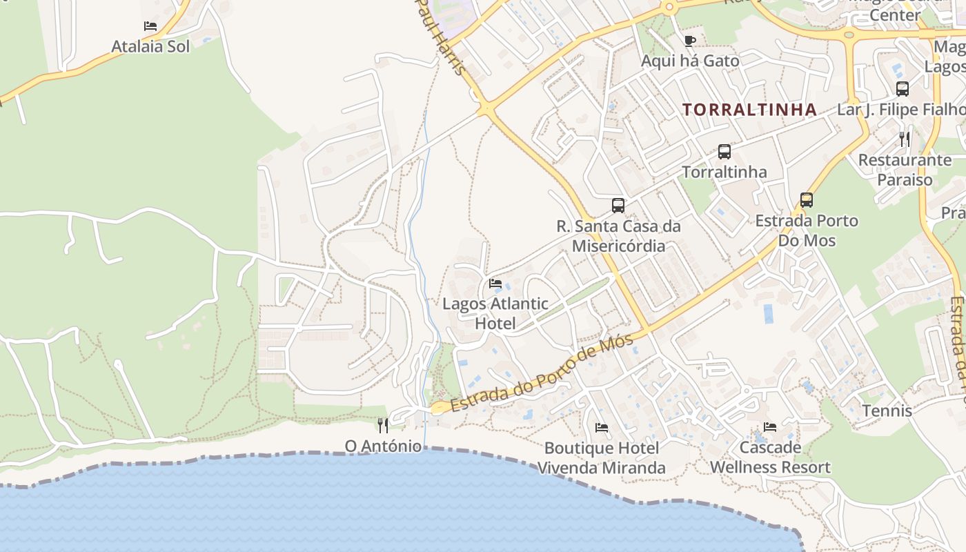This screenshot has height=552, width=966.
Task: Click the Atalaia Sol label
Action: (x=150, y=47)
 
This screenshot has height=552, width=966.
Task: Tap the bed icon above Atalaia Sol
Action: (x=150, y=26)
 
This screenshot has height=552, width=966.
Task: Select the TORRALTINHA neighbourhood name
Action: (x=750, y=109)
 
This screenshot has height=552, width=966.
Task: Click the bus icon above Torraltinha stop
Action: (x=724, y=152)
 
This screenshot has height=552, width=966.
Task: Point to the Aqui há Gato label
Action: (x=690, y=61)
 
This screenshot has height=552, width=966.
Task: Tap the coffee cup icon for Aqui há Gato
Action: (x=689, y=41)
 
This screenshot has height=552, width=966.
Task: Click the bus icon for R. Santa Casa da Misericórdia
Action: (x=618, y=205)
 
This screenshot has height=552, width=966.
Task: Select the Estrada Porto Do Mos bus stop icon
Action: (x=807, y=200)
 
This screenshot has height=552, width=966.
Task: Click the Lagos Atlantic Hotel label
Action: (x=495, y=313)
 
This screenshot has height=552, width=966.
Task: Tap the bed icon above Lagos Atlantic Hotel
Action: (x=495, y=283)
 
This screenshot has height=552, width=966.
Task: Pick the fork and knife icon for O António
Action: (x=383, y=426)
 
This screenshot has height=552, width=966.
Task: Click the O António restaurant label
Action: (x=383, y=446)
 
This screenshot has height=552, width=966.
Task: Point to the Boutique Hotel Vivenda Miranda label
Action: (x=601, y=457)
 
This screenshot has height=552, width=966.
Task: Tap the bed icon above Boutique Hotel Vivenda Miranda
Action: (x=602, y=428)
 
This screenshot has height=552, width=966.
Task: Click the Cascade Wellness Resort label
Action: (x=770, y=457)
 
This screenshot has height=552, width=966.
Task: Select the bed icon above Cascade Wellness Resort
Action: (x=770, y=427)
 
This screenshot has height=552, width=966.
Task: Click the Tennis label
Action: (x=887, y=411)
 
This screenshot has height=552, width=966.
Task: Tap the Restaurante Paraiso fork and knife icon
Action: (x=905, y=139)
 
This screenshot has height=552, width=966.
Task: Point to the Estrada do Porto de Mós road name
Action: (x=542, y=375)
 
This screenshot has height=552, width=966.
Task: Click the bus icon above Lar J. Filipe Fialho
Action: (x=902, y=88)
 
